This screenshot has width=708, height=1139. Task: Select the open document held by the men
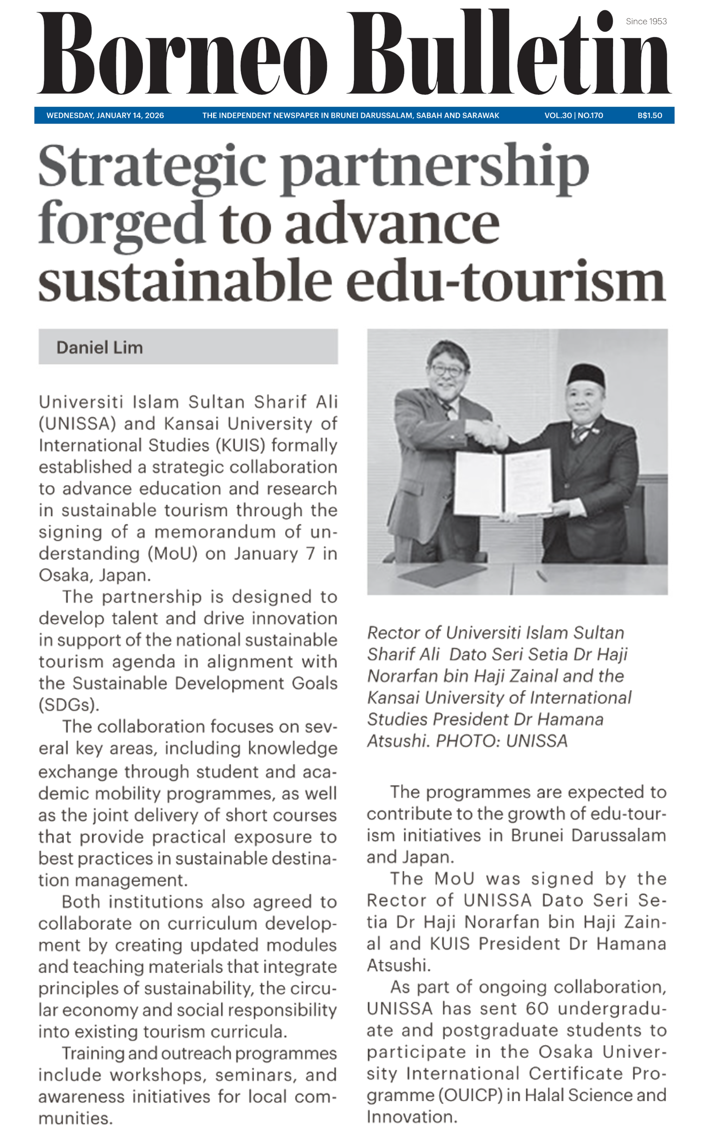(x=503, y=482)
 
